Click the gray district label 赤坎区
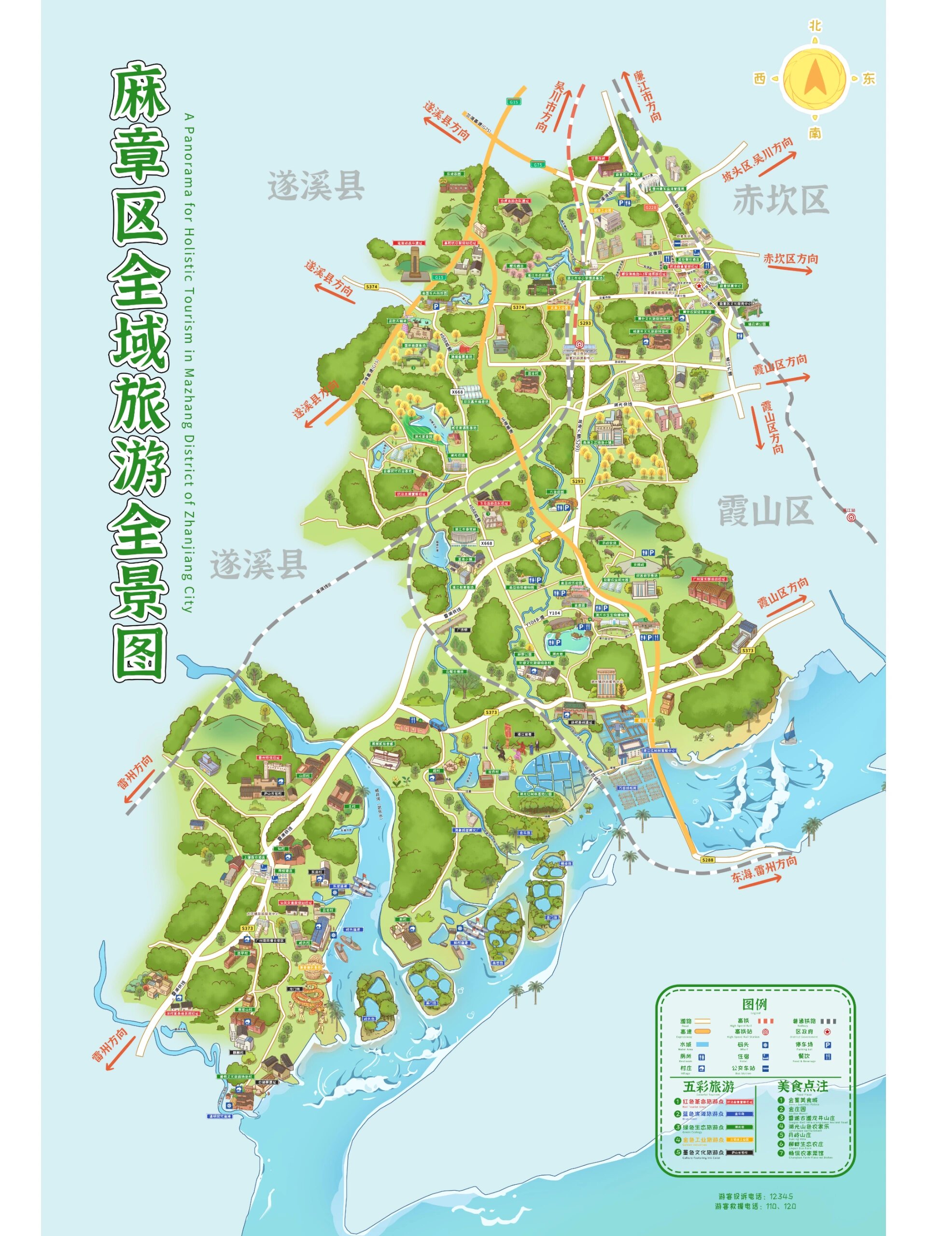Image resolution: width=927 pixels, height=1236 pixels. click(780, 199)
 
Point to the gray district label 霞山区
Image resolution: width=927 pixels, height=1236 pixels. click(764, 511)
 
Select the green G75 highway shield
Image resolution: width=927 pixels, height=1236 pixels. click(537, 165)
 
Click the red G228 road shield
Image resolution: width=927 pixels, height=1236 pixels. click(651, 207)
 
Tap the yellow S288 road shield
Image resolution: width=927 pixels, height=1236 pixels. click(708, 860)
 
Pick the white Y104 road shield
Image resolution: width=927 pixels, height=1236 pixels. click(554, 613)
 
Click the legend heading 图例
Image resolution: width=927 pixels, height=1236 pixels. click(754, 1004)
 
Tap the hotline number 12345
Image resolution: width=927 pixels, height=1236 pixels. click(781, 1196)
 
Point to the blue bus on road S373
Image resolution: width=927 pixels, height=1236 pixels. click(437, 726)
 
